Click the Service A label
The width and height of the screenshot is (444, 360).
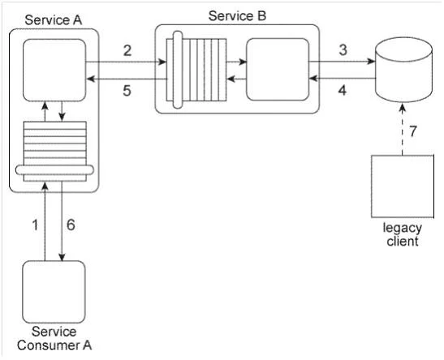(x=54, y=20)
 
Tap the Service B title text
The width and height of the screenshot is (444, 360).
(x=237, y=16)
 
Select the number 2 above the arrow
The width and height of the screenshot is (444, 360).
(x=127, y=50)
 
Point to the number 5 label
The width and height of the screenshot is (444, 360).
(x=127, y=91)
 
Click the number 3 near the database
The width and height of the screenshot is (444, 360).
(x=343, y=49)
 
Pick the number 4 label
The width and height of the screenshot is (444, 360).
(x=343, y=91)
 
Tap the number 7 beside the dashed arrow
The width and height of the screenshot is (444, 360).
(x=413, y=131)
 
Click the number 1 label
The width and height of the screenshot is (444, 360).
(x=35, y=225)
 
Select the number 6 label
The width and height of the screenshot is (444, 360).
(x=71, y=225)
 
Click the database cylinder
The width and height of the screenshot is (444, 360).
(x=403, y=70)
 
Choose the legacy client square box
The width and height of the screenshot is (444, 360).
(x=403, y=186)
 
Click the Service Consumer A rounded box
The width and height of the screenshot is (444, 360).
(x=54, y=292)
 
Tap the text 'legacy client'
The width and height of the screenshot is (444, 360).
(x=403, y=234)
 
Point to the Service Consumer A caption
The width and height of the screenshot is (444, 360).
(x=54, y=338)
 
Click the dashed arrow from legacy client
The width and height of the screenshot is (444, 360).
(x=403, y=129)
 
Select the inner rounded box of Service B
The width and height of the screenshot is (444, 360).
(x=278, y=70)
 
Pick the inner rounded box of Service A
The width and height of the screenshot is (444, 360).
(x=54, y=70)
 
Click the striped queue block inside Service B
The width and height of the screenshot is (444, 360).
(x=196, y=70)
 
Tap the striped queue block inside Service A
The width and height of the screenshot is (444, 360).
(x=54, y=152)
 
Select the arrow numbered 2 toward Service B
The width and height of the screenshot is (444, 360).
(x=126, y=62)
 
